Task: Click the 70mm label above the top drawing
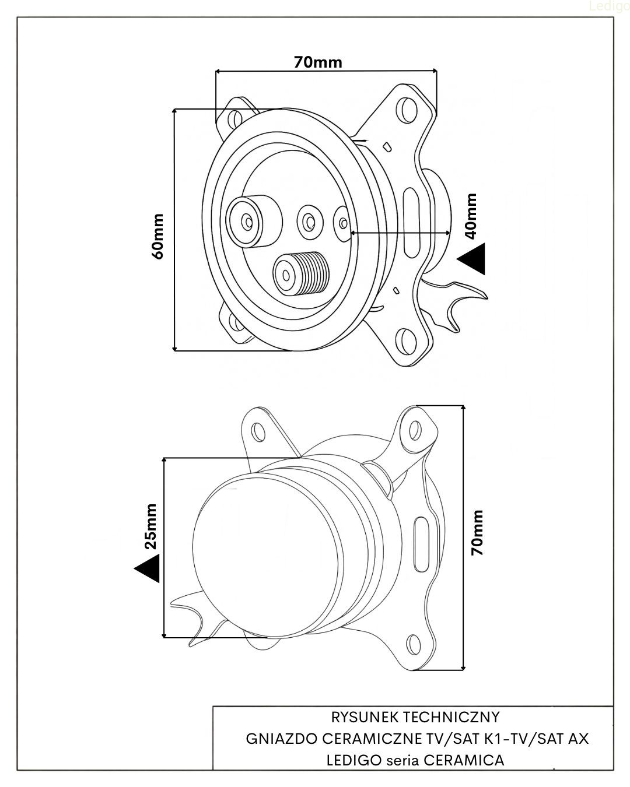(x=318, y=61)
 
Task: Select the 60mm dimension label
(x=157, y=236)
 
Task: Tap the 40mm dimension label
(x=471, y=216)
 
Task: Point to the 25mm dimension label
(x=150, y=526)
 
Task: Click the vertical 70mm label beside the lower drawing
(x=478, y=532)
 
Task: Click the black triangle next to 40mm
(x=473, y=258)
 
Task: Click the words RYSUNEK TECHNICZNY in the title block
(x=415, y=716)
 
